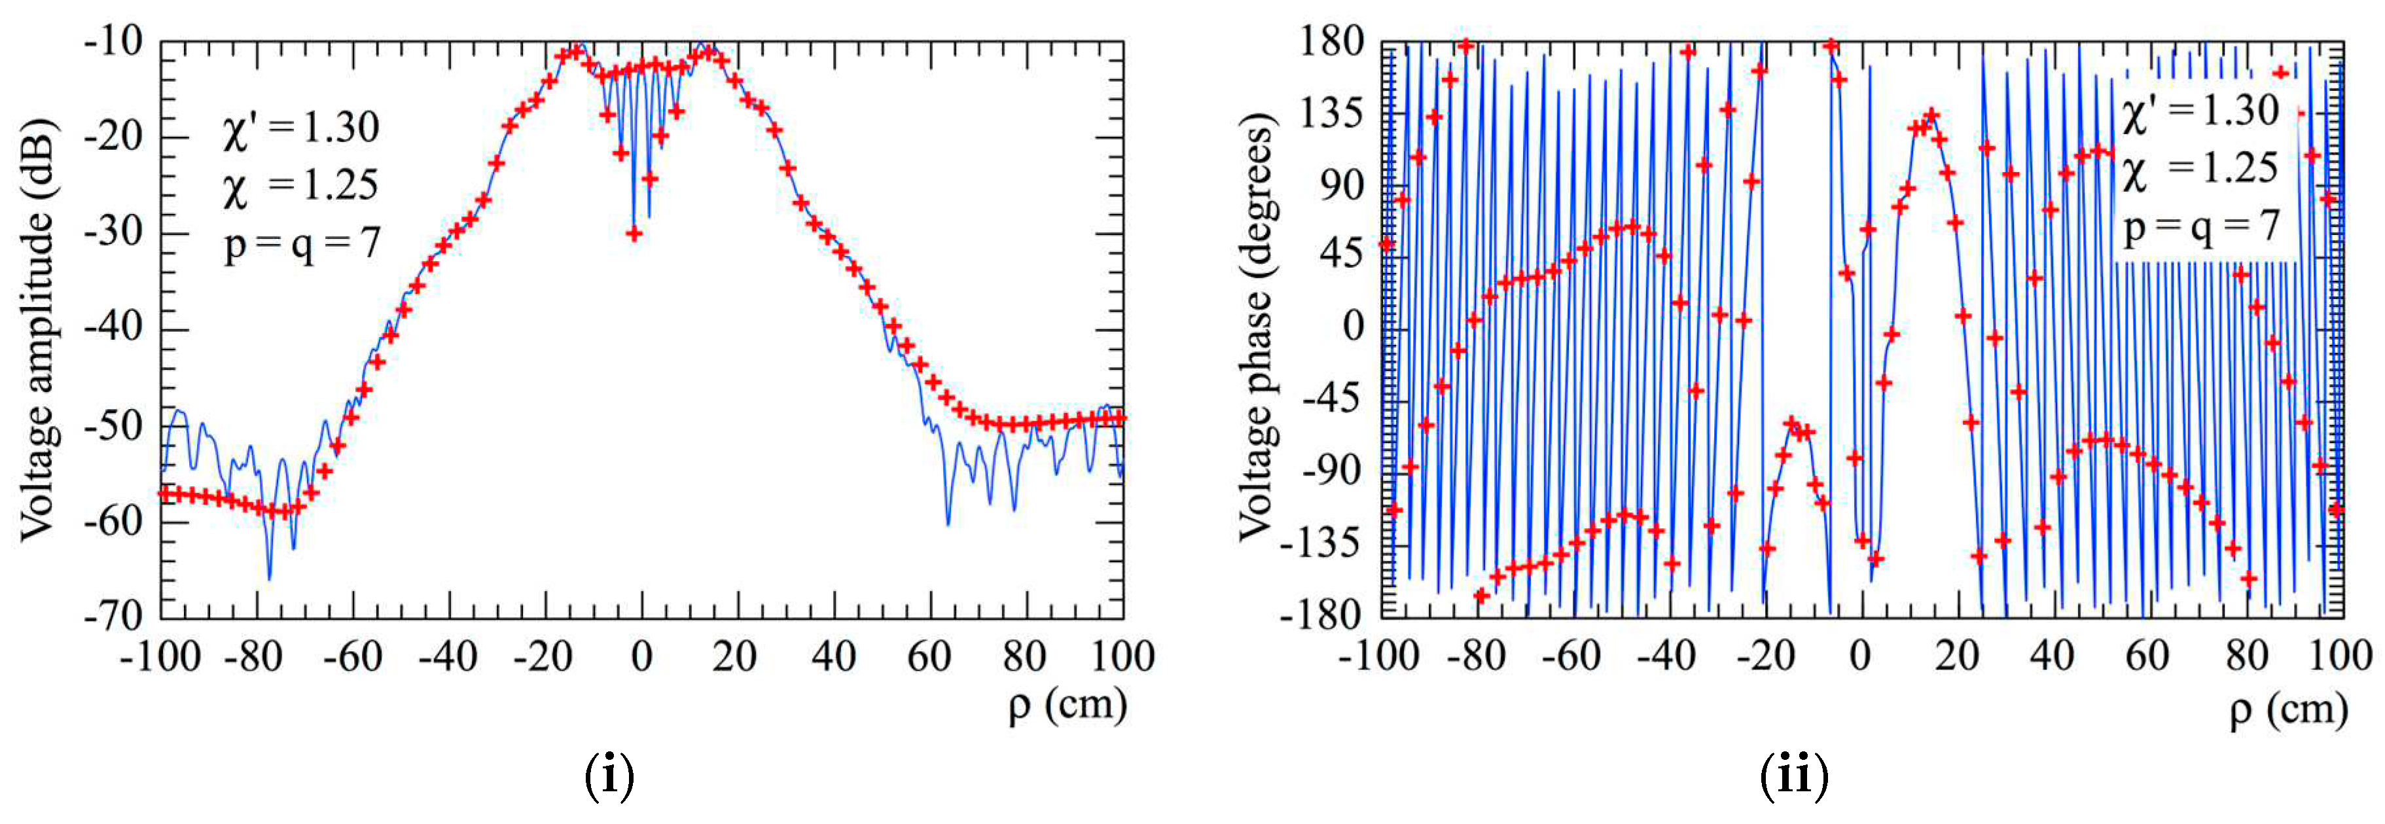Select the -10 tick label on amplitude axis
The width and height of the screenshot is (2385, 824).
point(113,42)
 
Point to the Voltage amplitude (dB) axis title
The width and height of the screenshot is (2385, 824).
point(39,329)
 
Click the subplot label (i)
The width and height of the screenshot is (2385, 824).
point(609,776)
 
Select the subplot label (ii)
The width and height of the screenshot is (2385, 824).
point(1793,776)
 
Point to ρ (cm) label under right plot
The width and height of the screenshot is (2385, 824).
point(2287,711)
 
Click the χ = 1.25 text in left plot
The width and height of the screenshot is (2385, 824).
point(300,186)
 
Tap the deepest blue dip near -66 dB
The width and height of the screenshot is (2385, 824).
point(270,579)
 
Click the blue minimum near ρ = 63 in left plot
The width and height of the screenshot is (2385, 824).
point(947,524)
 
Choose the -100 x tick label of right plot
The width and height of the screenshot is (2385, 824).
point(1378,657)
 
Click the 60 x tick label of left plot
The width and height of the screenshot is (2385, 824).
point(929,657)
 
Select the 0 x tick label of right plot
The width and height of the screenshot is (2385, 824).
point(1860,657)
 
